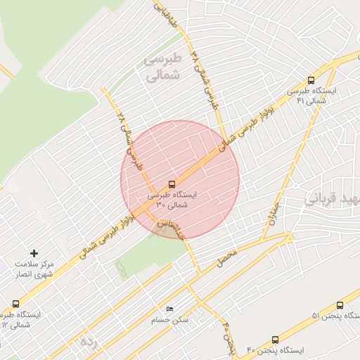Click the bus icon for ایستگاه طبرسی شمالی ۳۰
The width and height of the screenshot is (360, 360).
[173, 185]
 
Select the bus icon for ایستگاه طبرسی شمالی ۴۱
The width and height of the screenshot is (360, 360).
[311, 80]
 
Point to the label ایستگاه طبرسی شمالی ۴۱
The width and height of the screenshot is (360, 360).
[311, 96]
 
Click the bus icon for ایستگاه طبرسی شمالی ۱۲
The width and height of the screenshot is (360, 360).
[15, 304]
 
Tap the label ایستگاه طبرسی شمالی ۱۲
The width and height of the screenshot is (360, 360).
[25, 320]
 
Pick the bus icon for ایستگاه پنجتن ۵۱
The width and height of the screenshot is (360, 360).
[340, 305]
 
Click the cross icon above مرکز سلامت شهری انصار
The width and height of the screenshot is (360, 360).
[34, 252]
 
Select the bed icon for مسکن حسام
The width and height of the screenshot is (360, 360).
[169, 309]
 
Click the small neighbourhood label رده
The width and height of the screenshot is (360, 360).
[88, 342]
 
